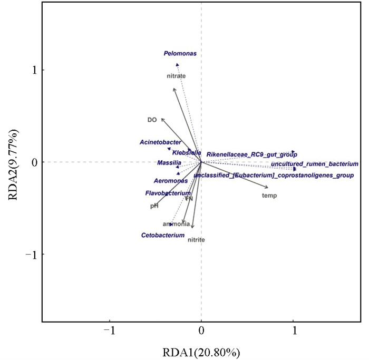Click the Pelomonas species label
click(x=180, y=53)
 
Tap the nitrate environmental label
click(x=176, y=76)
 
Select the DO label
click(x=152, y=120)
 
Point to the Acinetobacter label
click(x=160, y=142)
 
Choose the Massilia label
click(x=169, y=162)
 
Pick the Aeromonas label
click(x=167, y=181)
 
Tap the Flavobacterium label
click(x=168, y=193)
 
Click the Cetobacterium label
click(x=163, y=235)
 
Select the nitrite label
click(x=196, y=240)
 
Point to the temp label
click(x=269, y=196)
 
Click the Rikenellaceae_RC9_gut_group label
click(x=251, y=154)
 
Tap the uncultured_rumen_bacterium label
click(x=314, y=164)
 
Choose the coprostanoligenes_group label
click(x=274, y=175)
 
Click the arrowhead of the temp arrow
click(x=267, y=187)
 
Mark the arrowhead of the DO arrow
click(x=162, y=119)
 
